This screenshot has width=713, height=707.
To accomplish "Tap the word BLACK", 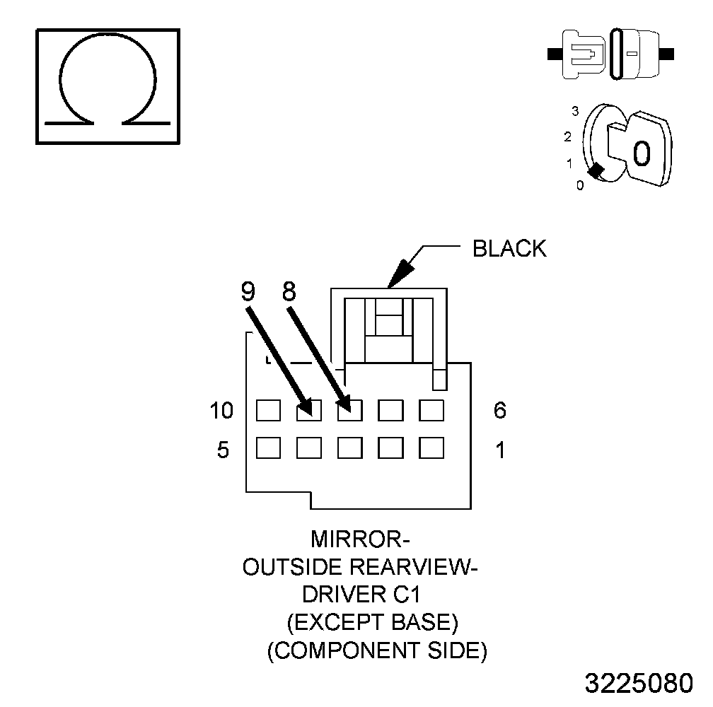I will [509, 249].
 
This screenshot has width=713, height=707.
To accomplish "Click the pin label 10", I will [221, 410].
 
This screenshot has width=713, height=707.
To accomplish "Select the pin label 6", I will [500, 410].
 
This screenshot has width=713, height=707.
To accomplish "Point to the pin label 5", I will [223, 450].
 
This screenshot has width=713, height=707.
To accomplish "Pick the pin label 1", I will [500, 450].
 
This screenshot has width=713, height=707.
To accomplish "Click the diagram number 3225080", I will [639, 684].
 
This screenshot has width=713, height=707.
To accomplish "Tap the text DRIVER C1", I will [362, 595].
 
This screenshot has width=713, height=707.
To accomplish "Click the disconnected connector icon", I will [611, 54].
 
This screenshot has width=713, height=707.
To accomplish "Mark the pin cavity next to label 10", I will [268, 410].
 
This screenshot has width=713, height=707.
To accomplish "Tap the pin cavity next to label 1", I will [431, 448].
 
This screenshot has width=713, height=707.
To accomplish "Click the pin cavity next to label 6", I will [431, 410].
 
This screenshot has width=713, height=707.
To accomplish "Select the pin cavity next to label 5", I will [268, 448].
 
